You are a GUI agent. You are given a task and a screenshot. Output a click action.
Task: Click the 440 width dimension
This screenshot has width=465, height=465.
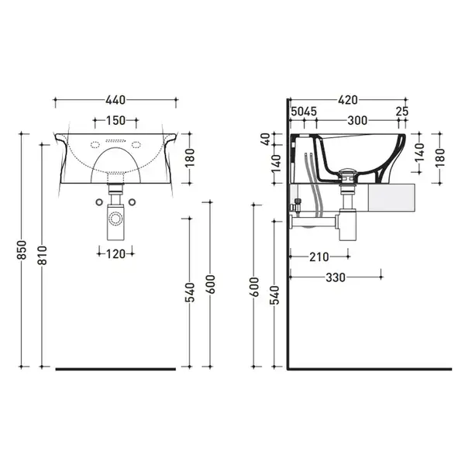(x=115, y=100)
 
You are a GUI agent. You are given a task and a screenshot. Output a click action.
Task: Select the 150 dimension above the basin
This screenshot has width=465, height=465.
(x=115, y=120)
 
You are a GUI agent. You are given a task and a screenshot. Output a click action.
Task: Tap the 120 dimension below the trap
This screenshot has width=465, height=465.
(x=115, y=254)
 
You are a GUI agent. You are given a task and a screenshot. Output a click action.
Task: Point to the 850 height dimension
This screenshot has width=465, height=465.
(x=22, y=250)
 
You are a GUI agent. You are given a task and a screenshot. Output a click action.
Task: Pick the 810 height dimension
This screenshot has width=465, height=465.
(x=43, y=255)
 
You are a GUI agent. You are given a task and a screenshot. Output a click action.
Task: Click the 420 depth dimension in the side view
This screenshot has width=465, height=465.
(x=348, y=100)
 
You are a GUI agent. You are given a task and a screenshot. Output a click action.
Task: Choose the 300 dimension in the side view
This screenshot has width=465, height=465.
(x=357, y=120)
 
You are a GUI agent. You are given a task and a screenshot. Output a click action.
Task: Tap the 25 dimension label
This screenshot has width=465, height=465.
(x=402, y=112)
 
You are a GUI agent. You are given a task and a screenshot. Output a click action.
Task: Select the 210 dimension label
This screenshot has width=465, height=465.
(x=319, y=257)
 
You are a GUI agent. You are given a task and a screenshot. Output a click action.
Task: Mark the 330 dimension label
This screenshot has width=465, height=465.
(x=336, y=277)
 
